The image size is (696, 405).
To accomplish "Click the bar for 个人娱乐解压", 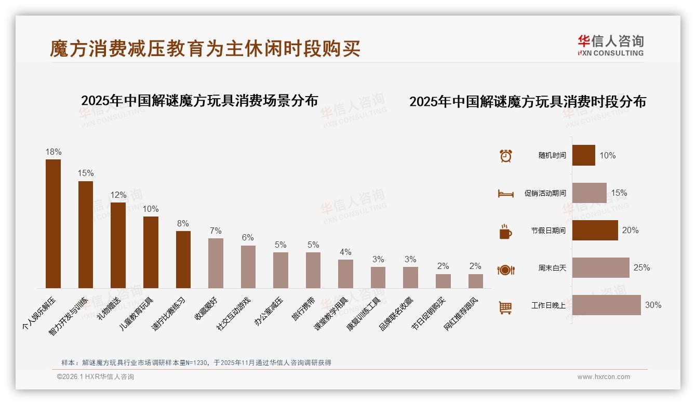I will pyautogui.click(x=53, y=223).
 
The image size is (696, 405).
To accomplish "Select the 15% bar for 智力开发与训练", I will pyautogui.click(x=86, y=234).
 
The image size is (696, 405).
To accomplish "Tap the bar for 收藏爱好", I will pyautogui.click(x=216, y=263).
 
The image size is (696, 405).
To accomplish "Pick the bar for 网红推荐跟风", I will pyautogui.click(x=475, y=281).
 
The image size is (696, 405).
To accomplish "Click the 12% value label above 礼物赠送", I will pyautogui.click(x=118, y=195).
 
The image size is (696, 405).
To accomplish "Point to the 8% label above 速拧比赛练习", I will pyautogui.click(x=183, y=224).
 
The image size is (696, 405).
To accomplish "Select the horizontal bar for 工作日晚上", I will pyautogui.click(x=606, y=305).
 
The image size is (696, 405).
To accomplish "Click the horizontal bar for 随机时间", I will pyautogui.click(x=583, y=155).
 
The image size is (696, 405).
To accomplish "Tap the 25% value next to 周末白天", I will pyautogui.click(x=641, y=268).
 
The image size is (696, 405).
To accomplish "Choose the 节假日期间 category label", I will pyautogui.click(x=548, y=231).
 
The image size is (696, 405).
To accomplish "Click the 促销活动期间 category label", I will pyautogui.click(x=545, y=193).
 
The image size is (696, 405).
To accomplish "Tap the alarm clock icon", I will pyautogui.click(x=505, y=156).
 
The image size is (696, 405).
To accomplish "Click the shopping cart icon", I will pyautogui.click(x=505, y=307).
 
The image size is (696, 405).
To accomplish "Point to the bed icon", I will pyautogui.click(x=505, y=194).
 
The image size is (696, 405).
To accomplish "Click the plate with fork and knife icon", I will pyautogui.click(x=505, y=269).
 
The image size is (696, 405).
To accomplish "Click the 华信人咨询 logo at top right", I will pyautogui.click(x=610, y=45).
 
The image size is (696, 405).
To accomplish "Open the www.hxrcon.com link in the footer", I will pyautogui.click(x=604, y=377).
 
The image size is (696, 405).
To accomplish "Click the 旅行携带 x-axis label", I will pyautogui.click(x=303, y=309).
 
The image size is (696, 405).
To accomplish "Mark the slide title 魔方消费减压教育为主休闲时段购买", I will pyautogui.click(x=205, y=49).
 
